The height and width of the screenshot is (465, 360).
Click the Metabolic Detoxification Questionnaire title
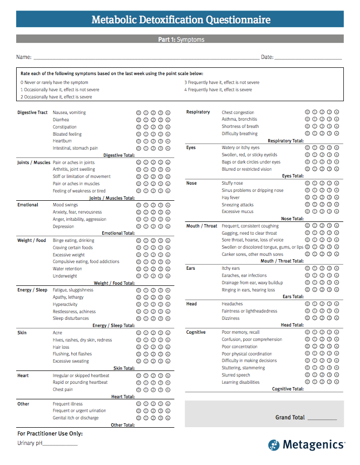181,21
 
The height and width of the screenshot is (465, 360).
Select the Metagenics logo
307,444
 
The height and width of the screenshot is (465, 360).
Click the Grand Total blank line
322,418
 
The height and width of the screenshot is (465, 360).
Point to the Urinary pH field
60,444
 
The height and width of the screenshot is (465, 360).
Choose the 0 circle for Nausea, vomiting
139,112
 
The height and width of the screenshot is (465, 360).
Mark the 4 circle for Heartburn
168,141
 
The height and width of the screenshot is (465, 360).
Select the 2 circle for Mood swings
154,205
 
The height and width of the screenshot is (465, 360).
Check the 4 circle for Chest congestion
337,112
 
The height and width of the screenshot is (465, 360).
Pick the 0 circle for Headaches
307,304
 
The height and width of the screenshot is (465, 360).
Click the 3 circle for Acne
161,333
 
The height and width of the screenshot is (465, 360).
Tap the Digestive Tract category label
32,112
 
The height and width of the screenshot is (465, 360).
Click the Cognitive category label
196,333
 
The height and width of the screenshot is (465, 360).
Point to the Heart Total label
123,397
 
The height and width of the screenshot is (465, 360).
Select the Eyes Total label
293,176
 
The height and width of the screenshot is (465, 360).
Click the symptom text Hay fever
230,197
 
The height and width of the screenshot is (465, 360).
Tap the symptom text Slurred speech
236,375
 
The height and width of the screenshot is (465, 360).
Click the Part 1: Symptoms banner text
181,39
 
